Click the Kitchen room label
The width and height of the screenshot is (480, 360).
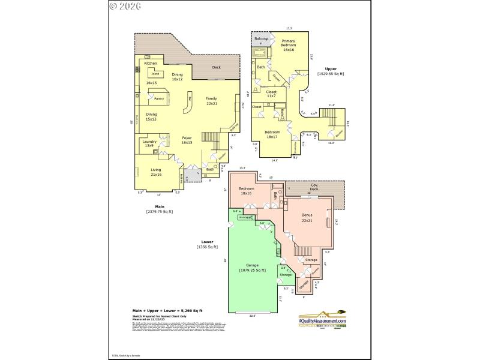pyautogui.click(x=150, y=62)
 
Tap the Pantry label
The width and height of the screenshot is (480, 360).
pyautogui.click(x=159, y=98)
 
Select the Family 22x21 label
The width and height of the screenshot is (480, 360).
pyautogui.click(x=212, y=101)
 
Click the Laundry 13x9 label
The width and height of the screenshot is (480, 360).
pyautogui.click(x=149, y=143)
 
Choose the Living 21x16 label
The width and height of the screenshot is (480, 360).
pyautogui.click(x=155, y=172)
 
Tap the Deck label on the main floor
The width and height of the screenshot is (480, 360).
pyautogui.click(x=216, y=67)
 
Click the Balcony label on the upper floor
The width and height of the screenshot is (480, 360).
pyautogui.click(x=261, y=39)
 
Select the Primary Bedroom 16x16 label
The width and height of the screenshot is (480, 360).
pyautogui.click(x=289, y=45)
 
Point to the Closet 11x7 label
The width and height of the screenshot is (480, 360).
pyautogui.click(x=271, y=94)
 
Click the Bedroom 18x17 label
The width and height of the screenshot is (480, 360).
pyautogui.click(x=272, y=134)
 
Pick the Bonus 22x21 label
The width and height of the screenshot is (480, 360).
pyautogui.click(x=307, y=218)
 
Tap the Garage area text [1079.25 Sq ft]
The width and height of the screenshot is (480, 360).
pyautogui.click(x=252, y=268)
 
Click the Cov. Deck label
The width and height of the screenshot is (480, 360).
pyautogui.click(x=314, y=187)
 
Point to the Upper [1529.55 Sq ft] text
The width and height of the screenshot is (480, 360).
pyautogui.click(x=331, y=71)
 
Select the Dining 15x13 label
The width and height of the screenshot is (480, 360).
pyautogui.click(x=151, y=116)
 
